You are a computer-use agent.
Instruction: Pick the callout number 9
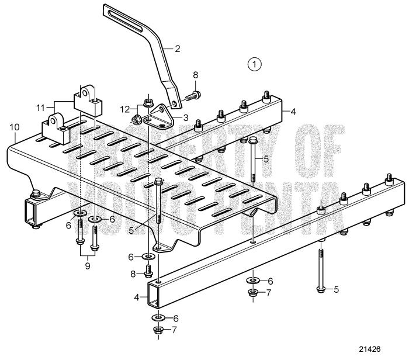(88, 265)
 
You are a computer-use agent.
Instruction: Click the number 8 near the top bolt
(196, 74)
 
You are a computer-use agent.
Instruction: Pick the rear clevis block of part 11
(86, 100)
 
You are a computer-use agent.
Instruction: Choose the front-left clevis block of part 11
(54, 128)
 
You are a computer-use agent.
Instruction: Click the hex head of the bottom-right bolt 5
(321, 288)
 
